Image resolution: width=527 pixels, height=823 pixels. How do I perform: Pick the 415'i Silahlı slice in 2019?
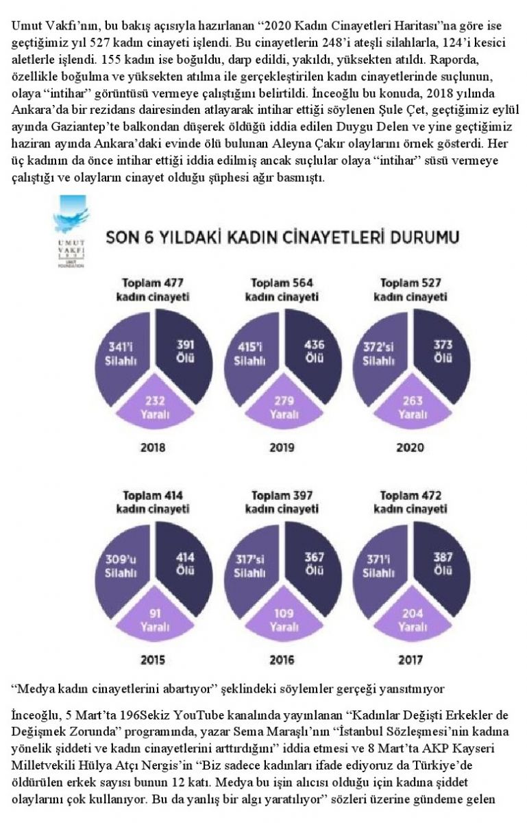tap(253, 351)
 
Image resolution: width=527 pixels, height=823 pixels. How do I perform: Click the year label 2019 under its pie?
tap(282, 449)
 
